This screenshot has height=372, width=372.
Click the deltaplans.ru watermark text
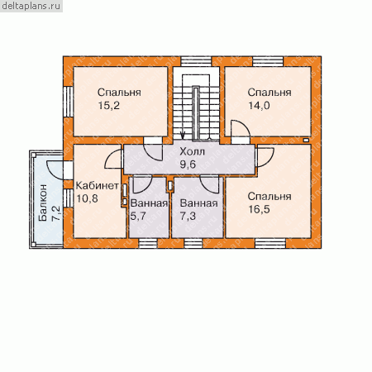coord(31,6)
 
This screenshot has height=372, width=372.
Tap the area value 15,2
coord(109,106)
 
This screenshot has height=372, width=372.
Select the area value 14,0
coord(259,106)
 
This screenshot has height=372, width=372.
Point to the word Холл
coord(192,151)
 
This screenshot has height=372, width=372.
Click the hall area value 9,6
coord(188,165)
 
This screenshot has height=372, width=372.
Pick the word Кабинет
coord(98,185)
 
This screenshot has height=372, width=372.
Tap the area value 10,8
coord(87,198)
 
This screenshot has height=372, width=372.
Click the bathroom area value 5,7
coord(138,216)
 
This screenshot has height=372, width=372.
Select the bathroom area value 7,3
coord(188,216)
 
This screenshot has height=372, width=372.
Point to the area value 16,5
coord(259,209)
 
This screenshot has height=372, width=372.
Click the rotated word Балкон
coord(43,203)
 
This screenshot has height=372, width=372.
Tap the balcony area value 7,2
coord(55,213)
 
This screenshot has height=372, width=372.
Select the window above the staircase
coord(196,61)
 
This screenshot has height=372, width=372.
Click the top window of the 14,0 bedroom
coord(268,61)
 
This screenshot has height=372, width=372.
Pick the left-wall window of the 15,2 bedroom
coord(68,102)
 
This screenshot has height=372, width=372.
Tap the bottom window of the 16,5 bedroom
coord(270,244)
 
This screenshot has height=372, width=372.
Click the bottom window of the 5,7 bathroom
coord(148,244)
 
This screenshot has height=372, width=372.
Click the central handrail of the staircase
coord(196,113)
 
